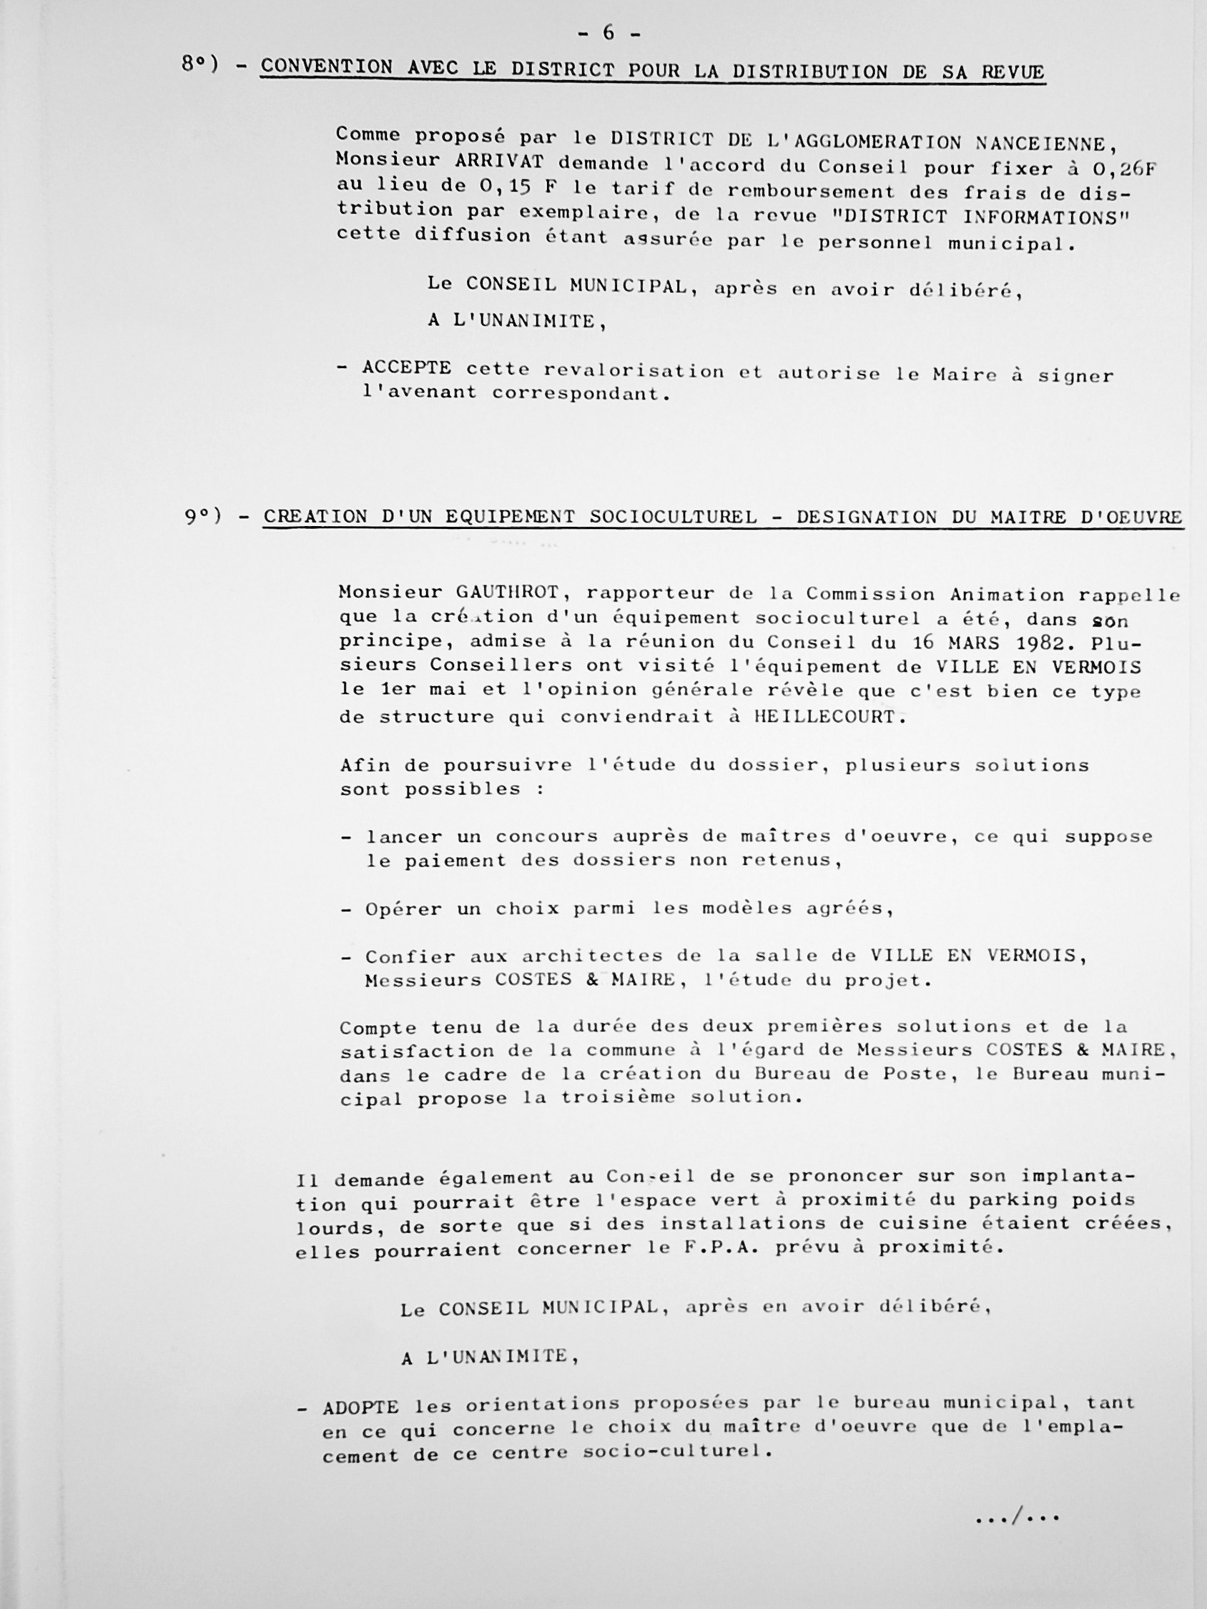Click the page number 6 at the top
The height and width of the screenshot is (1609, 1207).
609,34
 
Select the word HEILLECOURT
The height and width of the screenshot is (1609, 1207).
828,716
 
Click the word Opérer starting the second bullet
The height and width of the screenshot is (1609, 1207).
403,909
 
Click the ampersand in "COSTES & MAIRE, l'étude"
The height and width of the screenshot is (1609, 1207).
593,981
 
